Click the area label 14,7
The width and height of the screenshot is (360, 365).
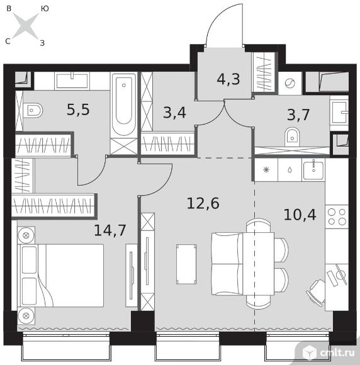pyautogui.click(x=110, y=230)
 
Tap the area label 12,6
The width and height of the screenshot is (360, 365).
pyautogui.click(x=203, y=203)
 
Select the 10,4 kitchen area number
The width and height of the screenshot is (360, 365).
pyautogui.click(x=300, y=215)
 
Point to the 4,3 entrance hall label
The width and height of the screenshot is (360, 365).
pyautogui.click(x=228, y=79)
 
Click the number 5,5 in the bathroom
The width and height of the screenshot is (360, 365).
pyautogui.click(x=78, y=109)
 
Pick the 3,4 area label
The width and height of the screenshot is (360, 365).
pyautogui.click(x=174, y=113)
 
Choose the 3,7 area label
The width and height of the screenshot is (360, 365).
pyautogui.click(x=298, y=115)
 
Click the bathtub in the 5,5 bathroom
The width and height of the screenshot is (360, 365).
pyautogui.click(x=124, y=104)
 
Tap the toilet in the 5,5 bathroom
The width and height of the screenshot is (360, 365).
pyautogui.click(x=33, y=110)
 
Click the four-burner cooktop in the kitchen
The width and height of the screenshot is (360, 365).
pyautogui.click(x=337, y=216)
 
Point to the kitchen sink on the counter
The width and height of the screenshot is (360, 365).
pyautogui.click(x=313, y=170)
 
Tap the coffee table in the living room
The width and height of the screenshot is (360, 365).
pyautogui.click(x=186, y=264)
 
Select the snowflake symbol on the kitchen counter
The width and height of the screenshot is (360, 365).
pyautogui.click(x=266, y=170)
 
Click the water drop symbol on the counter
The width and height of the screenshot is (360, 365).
pyautogui.click(x=290, y=170)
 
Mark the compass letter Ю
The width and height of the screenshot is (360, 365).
pyautogui.click(x=45, y=9)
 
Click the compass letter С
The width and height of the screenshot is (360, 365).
pyautogui.click(x=8, y=42)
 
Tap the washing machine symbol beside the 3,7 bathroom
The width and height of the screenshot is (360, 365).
pyautogui.click(x=290, y=83)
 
